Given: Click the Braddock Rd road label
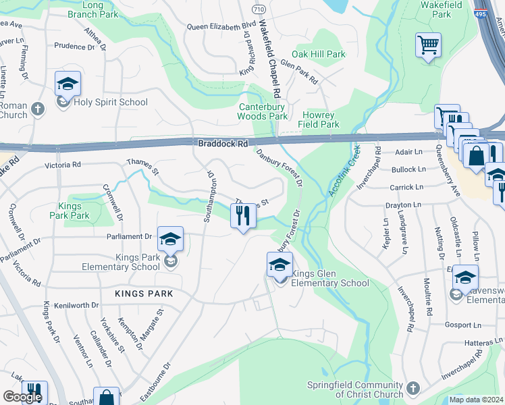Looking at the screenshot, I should pyautogui.click(x=223, y=144).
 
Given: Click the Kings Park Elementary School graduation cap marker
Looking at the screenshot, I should pyautogui.click(x=171, y=238).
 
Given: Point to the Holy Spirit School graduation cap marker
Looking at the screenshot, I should pyautogui.click(x=68, y=84).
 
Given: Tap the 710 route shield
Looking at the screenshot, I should pyautogui.click(x=259, y=10).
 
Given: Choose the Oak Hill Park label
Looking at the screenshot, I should pyautogui.click(x=318, y=54).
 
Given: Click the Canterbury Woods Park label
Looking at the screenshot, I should pyautogui.click(x=263, y=111).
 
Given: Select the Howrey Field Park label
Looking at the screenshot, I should pyautogui.click(x=321, y=119).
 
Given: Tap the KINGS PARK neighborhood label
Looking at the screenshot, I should pyautogui.click(x=144, y=294).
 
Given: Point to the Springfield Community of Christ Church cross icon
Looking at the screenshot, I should pyautogui.click(x=412, y=389).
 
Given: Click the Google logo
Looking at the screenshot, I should pyautogui.click(x=22, y=397).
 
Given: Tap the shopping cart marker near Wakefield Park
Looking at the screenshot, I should pyautogui.click(x=428, y=45).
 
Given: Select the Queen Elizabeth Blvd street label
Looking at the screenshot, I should pyautogui.click(x=215, y=27).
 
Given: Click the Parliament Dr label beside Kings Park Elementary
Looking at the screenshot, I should pyautogui.click(x=130, y=236).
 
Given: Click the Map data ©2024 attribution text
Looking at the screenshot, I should pyautogui.click(x=476, y=400).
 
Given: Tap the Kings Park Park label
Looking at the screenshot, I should pyautogui.click(x=70, y=211).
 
